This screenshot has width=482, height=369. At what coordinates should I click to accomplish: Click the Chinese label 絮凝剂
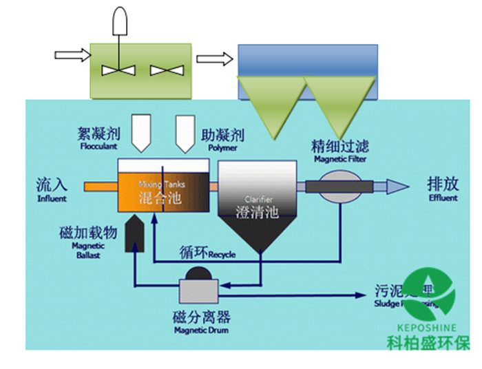[99, 131]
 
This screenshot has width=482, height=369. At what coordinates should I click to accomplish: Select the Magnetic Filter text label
[340, 159]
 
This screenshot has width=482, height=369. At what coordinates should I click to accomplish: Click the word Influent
[52, 199]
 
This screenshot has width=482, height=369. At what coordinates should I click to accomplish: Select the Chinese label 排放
[441, 184]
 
